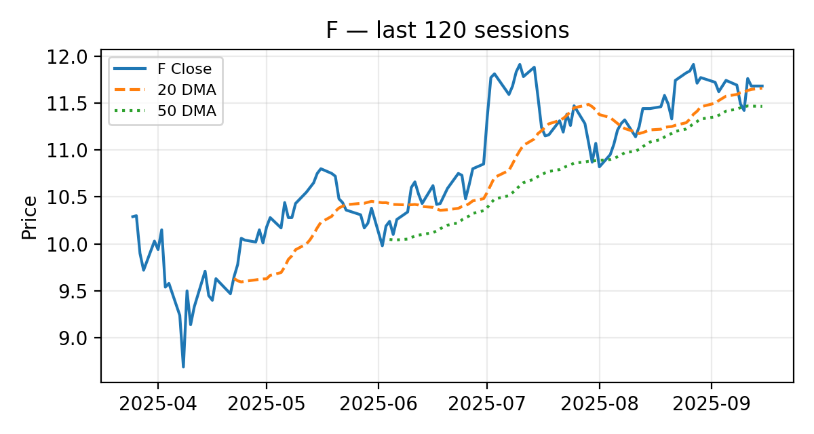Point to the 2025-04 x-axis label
click(157, 404)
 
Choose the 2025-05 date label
click(267, 404)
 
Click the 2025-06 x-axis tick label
click(378, 404)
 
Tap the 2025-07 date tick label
click(486, 404)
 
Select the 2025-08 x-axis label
click(599, 404)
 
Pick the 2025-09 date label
click(711, 404)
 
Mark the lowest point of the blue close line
click(183, 367)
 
